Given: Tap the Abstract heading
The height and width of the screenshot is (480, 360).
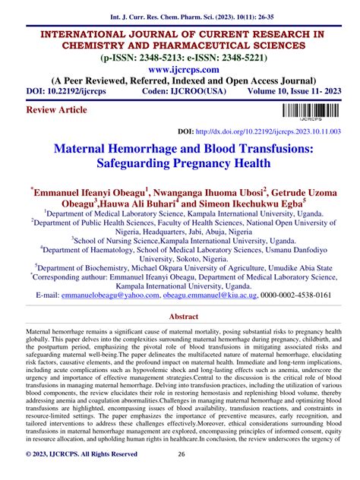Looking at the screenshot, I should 179,317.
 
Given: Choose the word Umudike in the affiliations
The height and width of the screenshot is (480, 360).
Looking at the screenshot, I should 270,268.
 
